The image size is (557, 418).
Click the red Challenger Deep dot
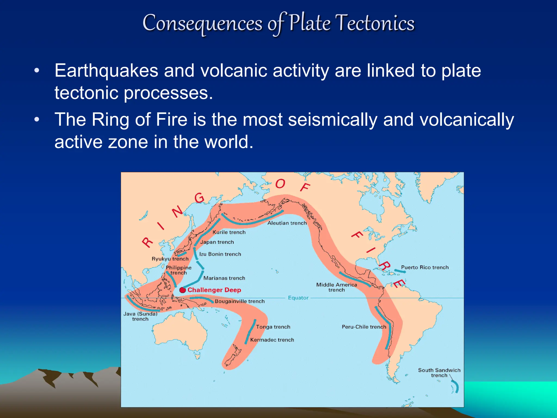[x=183, y=290]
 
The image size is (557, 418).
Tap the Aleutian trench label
[x=287, y=223]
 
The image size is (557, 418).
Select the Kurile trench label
[x=229, y=232]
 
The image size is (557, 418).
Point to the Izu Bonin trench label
[x=220, y=254]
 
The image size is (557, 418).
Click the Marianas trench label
[x=224, y=278]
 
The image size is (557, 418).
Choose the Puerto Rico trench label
[x=425, y=268]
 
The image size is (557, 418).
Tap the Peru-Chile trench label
[x=364, y=327]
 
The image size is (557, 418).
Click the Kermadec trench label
[x=272, y=340]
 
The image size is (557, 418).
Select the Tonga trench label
[x=273, y=327]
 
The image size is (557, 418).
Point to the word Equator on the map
[x=298, y=298]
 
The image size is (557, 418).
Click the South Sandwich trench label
[x=439, y=373]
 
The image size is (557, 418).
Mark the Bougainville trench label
[x=239, y=302]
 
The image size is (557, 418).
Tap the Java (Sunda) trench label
[x=140, y=316]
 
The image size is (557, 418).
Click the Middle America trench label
[x=336, y=287]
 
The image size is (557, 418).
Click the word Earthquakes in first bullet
[x=106, y=71]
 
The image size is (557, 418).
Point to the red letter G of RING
[x=199, y=198]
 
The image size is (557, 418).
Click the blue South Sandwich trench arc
[x=456, y=386]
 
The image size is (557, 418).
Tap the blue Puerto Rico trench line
[x=400, y=271]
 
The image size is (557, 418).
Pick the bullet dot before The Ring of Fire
[x=37, y=120]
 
